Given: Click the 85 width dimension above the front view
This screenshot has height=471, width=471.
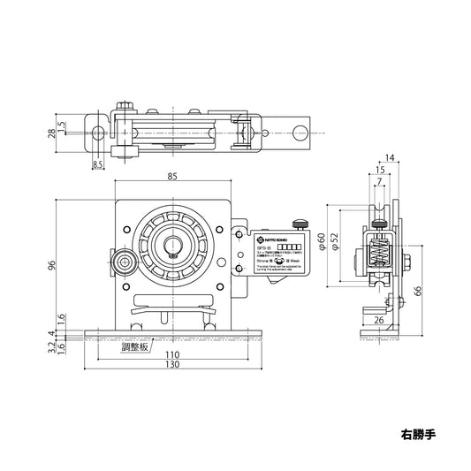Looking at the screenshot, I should coord(172,177).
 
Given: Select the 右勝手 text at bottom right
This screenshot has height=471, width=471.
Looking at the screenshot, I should coord(418,435).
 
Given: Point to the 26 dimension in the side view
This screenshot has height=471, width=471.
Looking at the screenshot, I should coord(378,319).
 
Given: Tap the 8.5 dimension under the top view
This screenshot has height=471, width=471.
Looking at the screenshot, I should coord(97,163).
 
